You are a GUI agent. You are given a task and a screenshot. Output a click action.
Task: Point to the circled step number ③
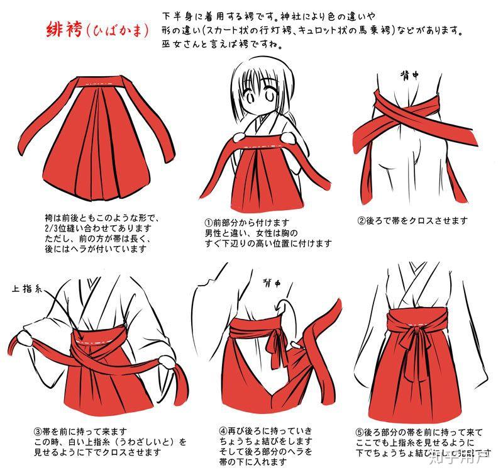38,432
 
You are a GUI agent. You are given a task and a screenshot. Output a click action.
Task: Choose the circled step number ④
223,432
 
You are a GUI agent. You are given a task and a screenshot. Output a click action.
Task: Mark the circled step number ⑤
359,432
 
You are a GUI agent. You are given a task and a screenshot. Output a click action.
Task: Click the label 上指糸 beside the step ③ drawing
25,289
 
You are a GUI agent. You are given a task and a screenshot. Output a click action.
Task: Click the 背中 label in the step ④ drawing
272,283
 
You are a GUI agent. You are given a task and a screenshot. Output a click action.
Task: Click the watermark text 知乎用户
465,453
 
